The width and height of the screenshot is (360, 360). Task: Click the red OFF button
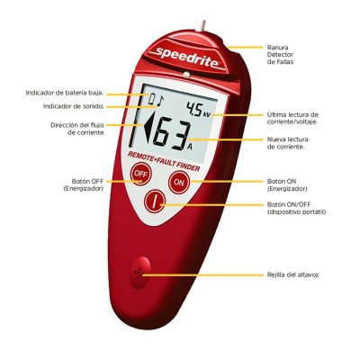coord(140,174)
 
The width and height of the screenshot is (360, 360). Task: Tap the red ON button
coord(179,182)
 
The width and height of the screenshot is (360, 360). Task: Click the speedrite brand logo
coord(186,58)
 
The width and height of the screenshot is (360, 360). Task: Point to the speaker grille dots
coord(138,273)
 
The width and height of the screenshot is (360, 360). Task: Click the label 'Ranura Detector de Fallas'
coord(280,55)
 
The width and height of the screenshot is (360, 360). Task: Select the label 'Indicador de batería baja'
coord(65,93)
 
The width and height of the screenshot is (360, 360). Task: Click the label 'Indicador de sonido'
coord(74,106)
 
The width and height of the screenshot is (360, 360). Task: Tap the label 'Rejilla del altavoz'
coord(292,274)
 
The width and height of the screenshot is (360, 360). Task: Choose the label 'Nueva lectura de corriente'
coord(287,143)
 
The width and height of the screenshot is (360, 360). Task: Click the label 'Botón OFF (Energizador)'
coord(84,185)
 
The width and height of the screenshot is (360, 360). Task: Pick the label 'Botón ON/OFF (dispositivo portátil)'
coord(296,208)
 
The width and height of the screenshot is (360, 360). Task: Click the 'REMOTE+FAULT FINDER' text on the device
coord(164,161)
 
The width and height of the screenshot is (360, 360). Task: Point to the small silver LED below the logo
coord(187,75)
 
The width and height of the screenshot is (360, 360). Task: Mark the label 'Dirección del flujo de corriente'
coord(77,129)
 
